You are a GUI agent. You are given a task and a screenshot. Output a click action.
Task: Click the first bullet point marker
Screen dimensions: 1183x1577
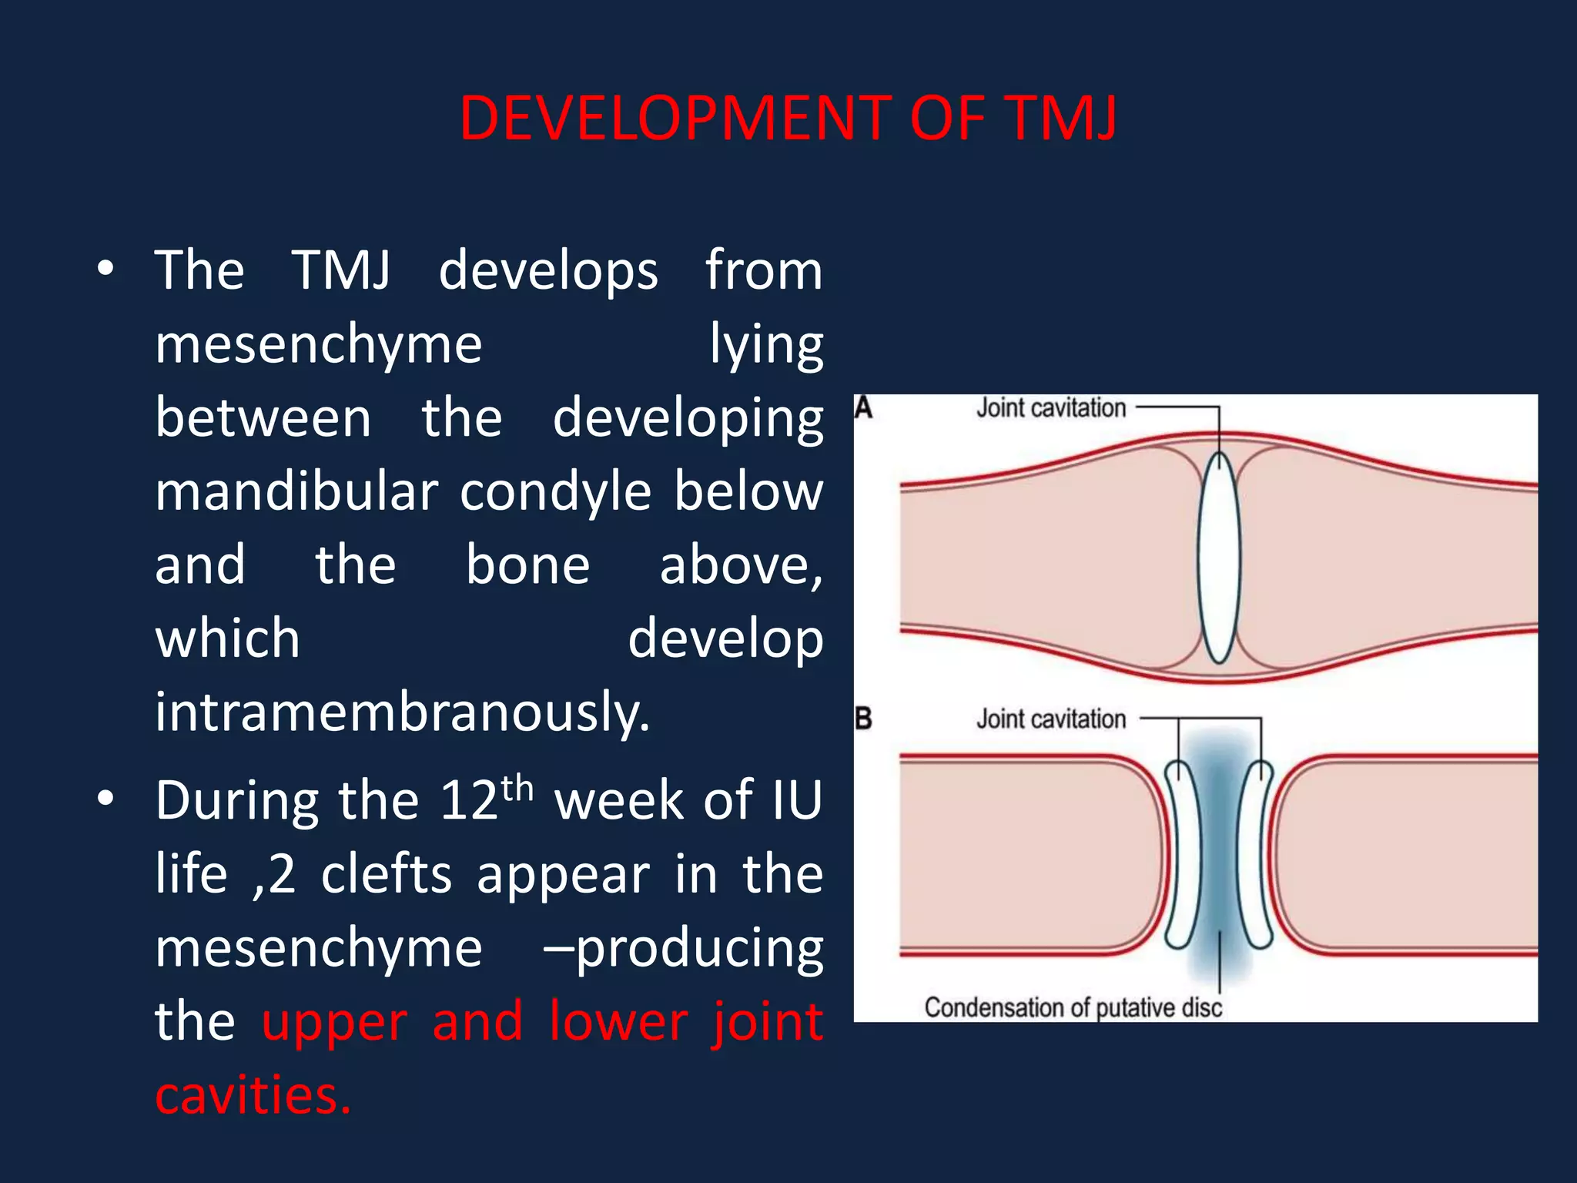[105, 269]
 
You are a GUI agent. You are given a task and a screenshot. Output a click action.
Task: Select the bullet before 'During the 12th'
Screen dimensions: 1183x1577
[105, 799]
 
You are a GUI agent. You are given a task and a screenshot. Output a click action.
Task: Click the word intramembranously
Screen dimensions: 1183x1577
[402, 712]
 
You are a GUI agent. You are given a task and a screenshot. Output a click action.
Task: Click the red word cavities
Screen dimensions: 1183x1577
[253, 1094]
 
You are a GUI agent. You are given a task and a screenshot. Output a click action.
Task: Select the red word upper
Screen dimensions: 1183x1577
[334, 1023]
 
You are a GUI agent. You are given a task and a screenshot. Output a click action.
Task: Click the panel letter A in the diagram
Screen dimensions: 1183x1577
[864, 407]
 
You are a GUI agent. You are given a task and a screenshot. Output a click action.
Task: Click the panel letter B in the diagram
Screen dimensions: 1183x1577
[864, 719]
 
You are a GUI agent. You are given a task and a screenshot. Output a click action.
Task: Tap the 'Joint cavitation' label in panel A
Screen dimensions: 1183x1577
[1050, 408]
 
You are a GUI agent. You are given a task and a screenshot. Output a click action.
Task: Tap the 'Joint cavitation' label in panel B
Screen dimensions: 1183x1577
[1050, 719]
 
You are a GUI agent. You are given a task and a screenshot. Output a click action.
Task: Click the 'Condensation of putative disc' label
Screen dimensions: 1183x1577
[1073, 1007]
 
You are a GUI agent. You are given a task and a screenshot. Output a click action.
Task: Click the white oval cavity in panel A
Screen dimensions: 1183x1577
[1220, 558]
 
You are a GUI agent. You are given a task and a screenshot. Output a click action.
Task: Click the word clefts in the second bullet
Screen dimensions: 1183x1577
[387, 875]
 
